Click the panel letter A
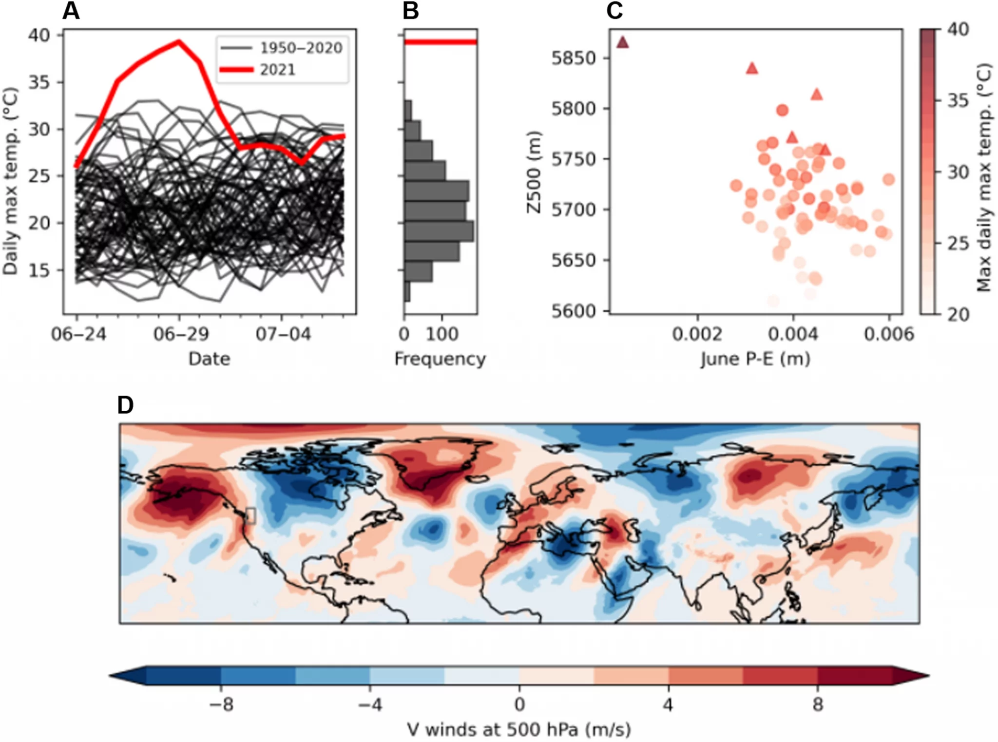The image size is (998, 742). pyautogui.click(x=71, y=11)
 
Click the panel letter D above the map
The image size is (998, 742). pyautogui.click(x=126, y=405)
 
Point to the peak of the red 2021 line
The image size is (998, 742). pyautogui.click(x=179, y=41)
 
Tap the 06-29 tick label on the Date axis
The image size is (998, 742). pyautogui.click(x=181, y=335)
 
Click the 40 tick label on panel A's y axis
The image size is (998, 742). pyautogui.click(x=38, y=36)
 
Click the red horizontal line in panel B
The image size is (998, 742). pyautogui.click(x=441, y=42)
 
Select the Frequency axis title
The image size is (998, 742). pyautogui.click(x=440, y=359)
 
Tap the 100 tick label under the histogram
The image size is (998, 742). pyautogui.click(x=442, y=335)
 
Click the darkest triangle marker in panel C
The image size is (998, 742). pyautogui.click(x=622, y=43)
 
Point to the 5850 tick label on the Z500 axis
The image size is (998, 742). pyautogui.click(x=574, y=58)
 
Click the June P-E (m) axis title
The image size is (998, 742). pyautogui.click(x=755, y=359)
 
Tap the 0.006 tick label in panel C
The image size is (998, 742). pyautogui.click(x=889, y=335)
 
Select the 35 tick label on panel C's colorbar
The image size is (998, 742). pyautogui.click(x=958, y=101)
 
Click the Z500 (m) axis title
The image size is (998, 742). pyautogui.click(x=534, y=172)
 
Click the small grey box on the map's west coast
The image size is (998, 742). pyautogui.click(x=250, y=515)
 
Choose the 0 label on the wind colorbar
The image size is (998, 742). pyautogui.click(x=519, y=704)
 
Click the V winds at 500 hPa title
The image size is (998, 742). pyautogui.click(x=519, y=730)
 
